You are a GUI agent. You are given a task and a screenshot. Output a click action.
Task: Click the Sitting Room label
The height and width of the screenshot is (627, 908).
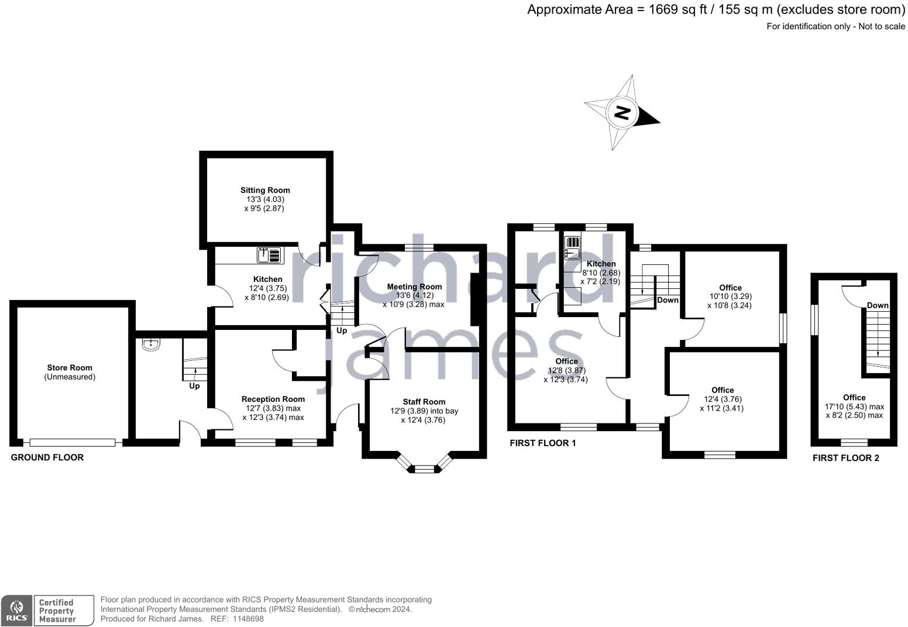(x=265, y=190)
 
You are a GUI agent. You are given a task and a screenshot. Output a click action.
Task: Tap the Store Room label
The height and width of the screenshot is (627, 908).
(x=70, y=368)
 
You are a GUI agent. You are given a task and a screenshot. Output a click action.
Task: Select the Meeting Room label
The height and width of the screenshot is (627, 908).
(x=414, y=287)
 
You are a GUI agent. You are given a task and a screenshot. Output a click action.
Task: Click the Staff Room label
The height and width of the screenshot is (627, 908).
(x=424, y=402)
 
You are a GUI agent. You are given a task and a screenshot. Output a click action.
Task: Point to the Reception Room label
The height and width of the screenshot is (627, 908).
(x=273, y=399)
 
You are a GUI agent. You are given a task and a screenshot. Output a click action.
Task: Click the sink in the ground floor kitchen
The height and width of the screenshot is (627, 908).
(x=269, y=255)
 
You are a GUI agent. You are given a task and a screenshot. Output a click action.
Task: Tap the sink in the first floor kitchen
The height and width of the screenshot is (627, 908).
(x=572, y=247)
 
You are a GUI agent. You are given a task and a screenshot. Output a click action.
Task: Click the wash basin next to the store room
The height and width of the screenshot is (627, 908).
(x=152, y=344)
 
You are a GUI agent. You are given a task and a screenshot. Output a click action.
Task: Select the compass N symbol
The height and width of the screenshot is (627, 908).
(x=623, y=112)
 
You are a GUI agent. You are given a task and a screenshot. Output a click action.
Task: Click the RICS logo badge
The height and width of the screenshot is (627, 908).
(x=16, y=611)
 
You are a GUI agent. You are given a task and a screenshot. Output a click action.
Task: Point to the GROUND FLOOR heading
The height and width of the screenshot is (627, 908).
(x=47, y=457)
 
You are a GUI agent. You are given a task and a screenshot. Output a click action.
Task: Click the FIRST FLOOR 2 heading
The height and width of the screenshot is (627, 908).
(x=845, y=458)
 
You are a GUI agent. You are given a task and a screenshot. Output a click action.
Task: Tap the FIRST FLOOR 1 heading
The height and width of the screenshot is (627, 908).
(x=542, y=443)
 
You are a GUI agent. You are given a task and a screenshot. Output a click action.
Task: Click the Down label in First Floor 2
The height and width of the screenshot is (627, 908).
(x=878, y=305)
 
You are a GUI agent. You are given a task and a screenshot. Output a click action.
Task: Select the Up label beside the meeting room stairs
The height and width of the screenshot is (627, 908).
(x=342, y=330)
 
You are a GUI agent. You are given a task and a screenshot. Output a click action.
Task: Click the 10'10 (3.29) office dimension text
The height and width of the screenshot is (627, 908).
(x=730, y=297)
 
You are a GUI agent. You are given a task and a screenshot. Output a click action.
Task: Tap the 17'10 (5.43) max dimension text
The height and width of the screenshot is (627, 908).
(x=854, y=406)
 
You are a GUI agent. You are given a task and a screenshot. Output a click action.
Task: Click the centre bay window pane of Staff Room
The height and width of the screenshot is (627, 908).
(x=425, y=468)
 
